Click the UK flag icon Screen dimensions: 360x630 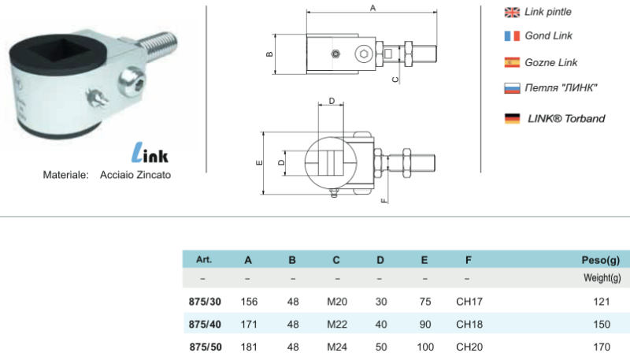[511, 12]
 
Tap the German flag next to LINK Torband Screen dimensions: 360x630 [511, 119]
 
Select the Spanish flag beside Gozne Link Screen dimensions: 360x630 [511, 62]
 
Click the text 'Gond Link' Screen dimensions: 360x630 [548, 35]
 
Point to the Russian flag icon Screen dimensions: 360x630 [511, 87]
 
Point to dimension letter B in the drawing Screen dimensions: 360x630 [269, 54]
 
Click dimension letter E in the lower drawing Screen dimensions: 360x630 [258, 163]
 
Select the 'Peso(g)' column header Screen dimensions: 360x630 [601, 259]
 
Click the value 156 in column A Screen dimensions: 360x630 [248, 301]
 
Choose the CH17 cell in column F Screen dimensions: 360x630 [469, 301]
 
